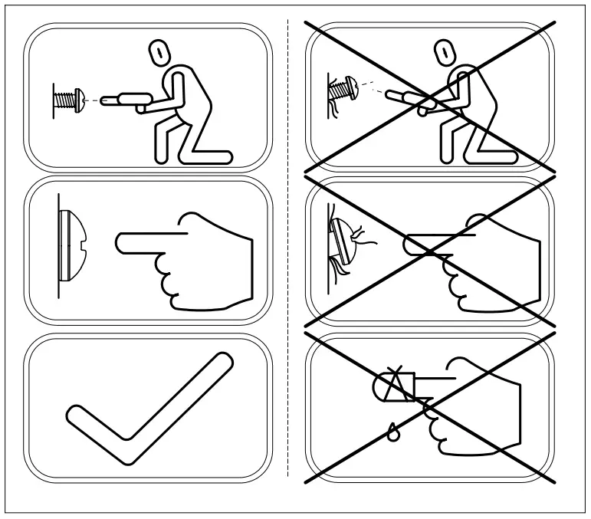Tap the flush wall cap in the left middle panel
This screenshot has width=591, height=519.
[70, 244]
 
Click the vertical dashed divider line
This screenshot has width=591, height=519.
[287, 253]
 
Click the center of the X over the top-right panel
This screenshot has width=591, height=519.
[430, 96]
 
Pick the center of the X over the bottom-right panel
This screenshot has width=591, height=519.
[430, 407]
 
